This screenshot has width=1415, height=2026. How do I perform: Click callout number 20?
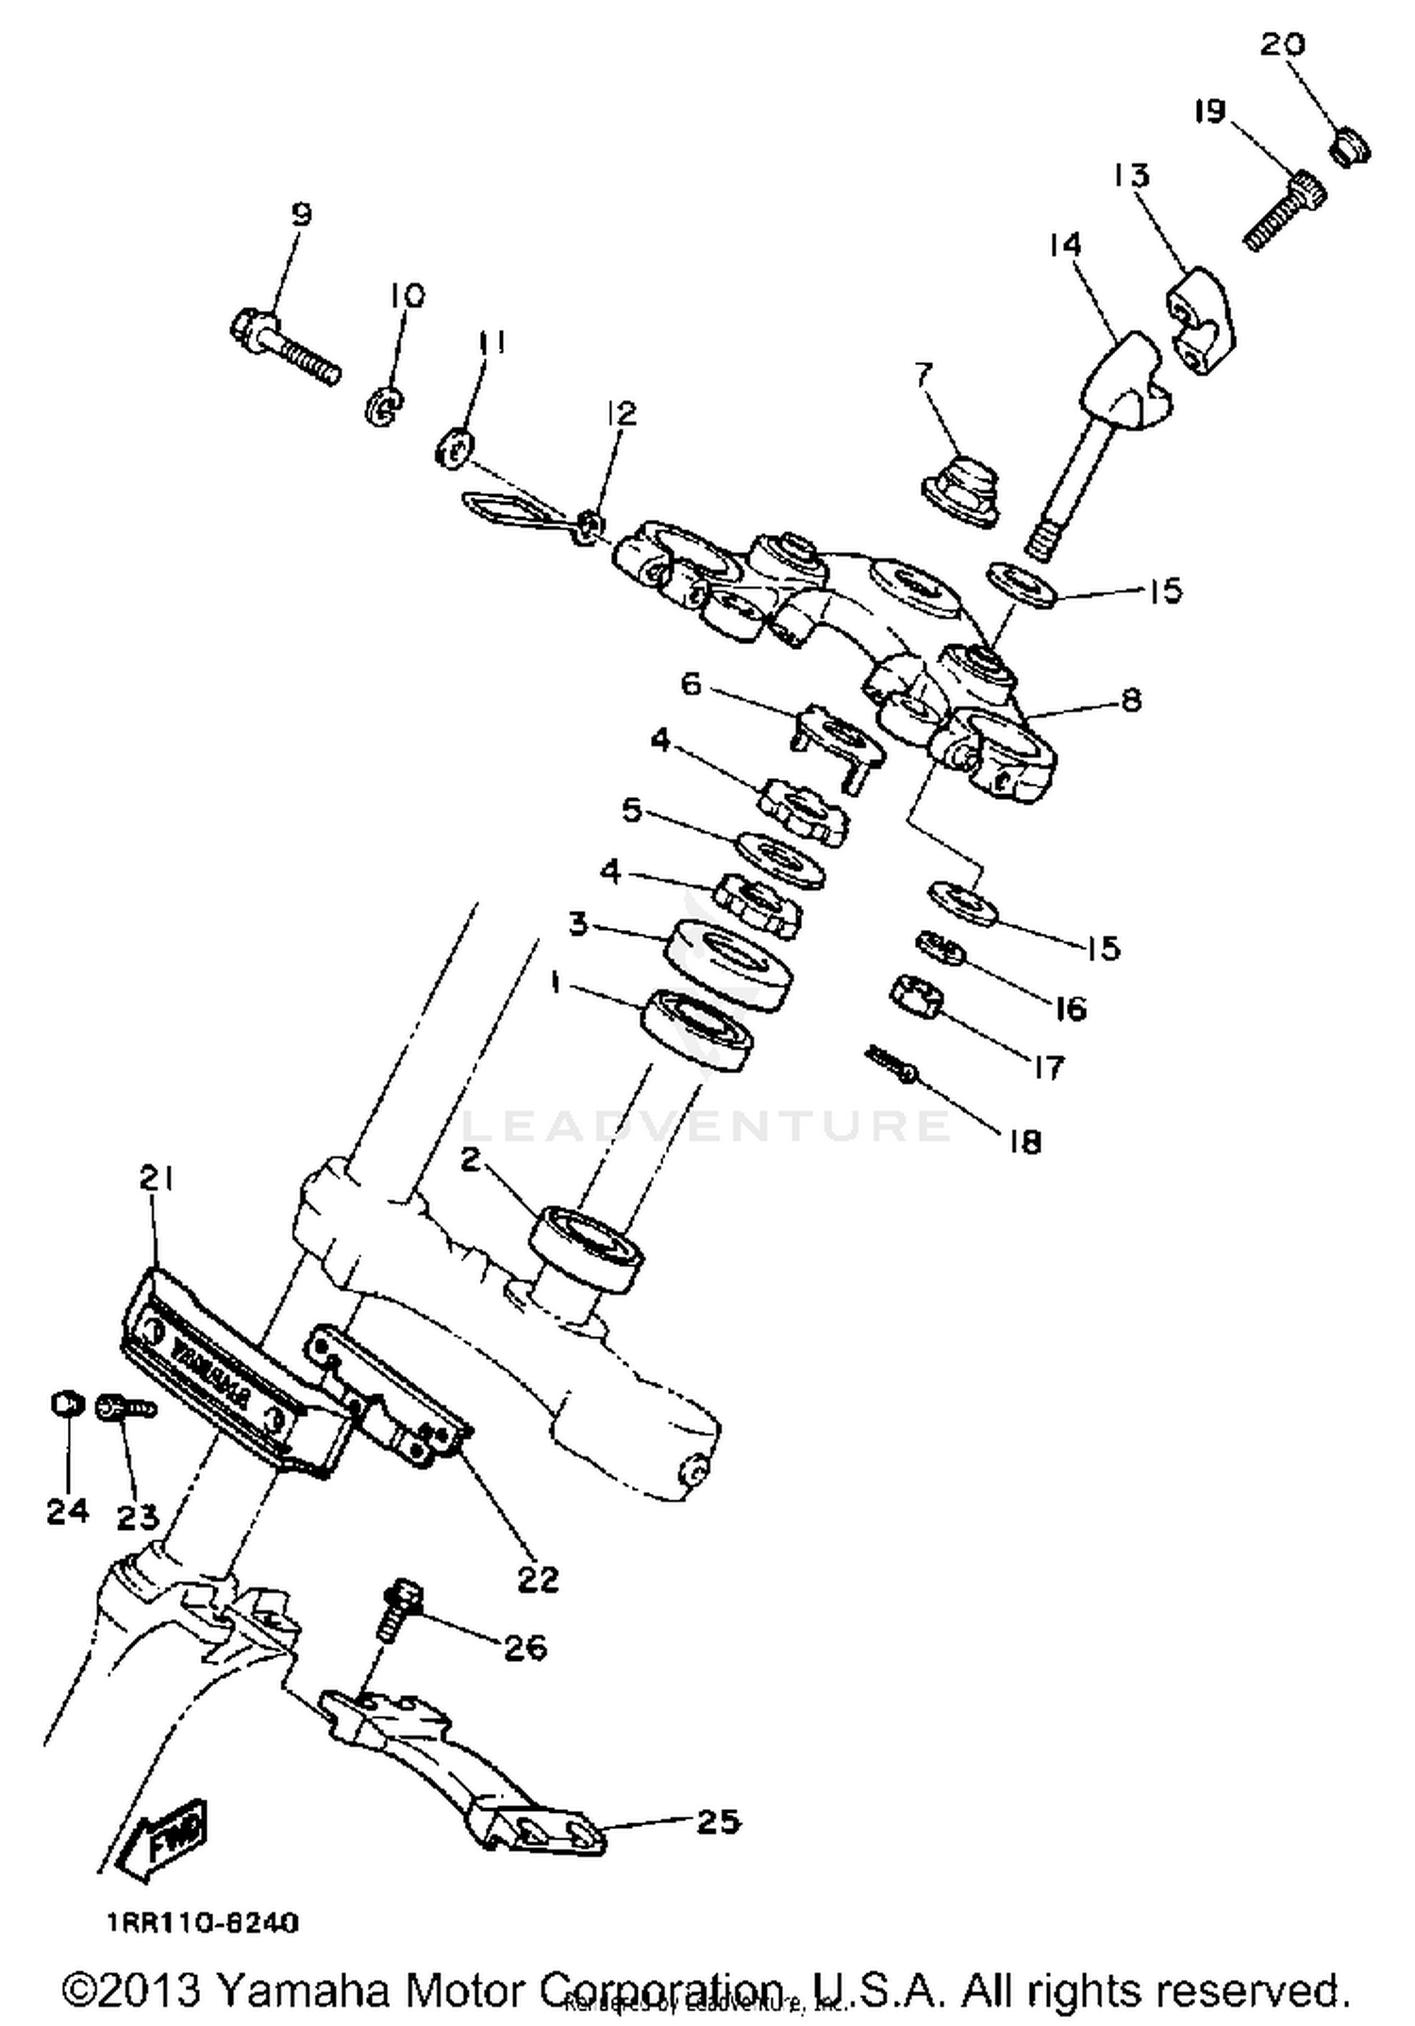coord(1282,44)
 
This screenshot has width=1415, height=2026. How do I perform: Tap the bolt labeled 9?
coord(282,349)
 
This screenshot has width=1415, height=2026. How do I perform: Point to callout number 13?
coord(1131,175)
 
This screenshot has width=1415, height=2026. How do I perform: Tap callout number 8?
coord(1130,700)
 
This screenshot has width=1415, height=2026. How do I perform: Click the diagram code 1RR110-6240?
coord(202,1922)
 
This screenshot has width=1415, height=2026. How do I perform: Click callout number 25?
coord(717,1821)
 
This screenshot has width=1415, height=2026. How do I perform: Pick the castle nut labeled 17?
coord(916,997)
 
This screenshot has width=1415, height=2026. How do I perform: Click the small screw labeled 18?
coord(891,1063)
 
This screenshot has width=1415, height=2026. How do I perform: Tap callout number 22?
coord(537,1578)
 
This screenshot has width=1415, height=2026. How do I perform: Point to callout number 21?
coord(157,1178)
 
